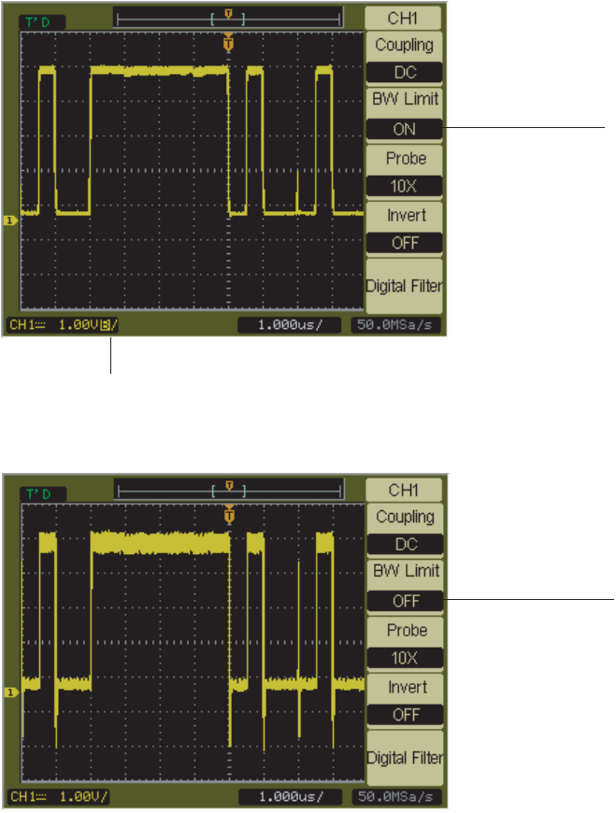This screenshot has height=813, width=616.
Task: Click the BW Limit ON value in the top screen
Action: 404,129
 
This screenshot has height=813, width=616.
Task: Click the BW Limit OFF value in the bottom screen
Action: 405,601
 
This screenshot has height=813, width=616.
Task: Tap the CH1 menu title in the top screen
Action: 404,15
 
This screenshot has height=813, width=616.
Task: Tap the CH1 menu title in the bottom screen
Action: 405,489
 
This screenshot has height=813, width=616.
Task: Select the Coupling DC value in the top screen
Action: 404,72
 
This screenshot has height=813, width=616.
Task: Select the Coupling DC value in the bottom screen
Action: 405,544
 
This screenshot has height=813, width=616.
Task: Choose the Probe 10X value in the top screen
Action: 404,186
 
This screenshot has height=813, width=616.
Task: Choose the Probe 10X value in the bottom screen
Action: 405,658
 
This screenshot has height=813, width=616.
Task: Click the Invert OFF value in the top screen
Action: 404,243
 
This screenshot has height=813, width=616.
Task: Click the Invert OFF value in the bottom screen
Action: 405,715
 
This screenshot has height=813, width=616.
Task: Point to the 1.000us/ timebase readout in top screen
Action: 290,325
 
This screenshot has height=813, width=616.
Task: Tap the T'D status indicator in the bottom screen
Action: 36,492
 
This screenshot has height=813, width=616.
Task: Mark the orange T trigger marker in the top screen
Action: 229,44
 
